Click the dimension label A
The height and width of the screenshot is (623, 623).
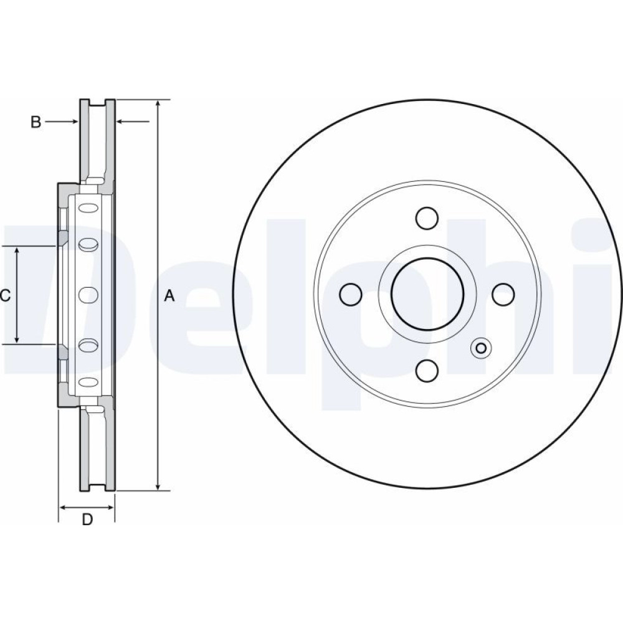coord(169,295)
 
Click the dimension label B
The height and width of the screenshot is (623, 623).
coord(36,122)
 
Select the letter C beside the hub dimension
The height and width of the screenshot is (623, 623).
coord(4,295)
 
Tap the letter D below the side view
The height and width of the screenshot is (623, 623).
coord(87,519)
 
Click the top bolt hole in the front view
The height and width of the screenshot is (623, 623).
coord(427,218)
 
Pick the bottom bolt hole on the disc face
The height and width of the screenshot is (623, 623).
coord(427,369)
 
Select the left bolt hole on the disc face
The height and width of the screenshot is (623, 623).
coord(351,295)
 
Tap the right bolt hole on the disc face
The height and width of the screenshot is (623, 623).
coord(503,295)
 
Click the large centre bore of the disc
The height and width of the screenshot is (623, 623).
coord(427,293)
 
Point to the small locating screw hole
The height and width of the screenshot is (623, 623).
coord(481,348)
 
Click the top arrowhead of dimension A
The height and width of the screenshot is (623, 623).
coord(158,104)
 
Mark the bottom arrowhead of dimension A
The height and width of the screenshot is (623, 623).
coord(158,485)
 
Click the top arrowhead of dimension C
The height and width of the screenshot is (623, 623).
coord(17,251)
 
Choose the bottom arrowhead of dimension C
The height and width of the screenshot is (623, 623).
coord(17,338)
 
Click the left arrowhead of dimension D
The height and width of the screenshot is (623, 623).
coord(64,507)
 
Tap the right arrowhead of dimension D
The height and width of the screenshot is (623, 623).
coord(109,507)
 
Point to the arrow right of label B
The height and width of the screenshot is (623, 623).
coord(62,121)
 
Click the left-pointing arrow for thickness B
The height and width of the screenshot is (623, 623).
coord(133,121)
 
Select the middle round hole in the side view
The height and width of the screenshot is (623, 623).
coord(88,295)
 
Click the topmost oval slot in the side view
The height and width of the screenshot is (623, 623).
coord(88,208)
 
